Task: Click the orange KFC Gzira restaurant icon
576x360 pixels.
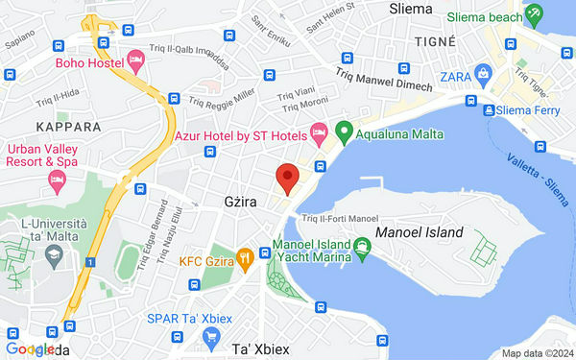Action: [246, 256]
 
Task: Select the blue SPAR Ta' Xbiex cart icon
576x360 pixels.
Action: [212, 336]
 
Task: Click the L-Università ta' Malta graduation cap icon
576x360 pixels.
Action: [54, 252]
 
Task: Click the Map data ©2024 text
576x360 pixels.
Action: [536, 353]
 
